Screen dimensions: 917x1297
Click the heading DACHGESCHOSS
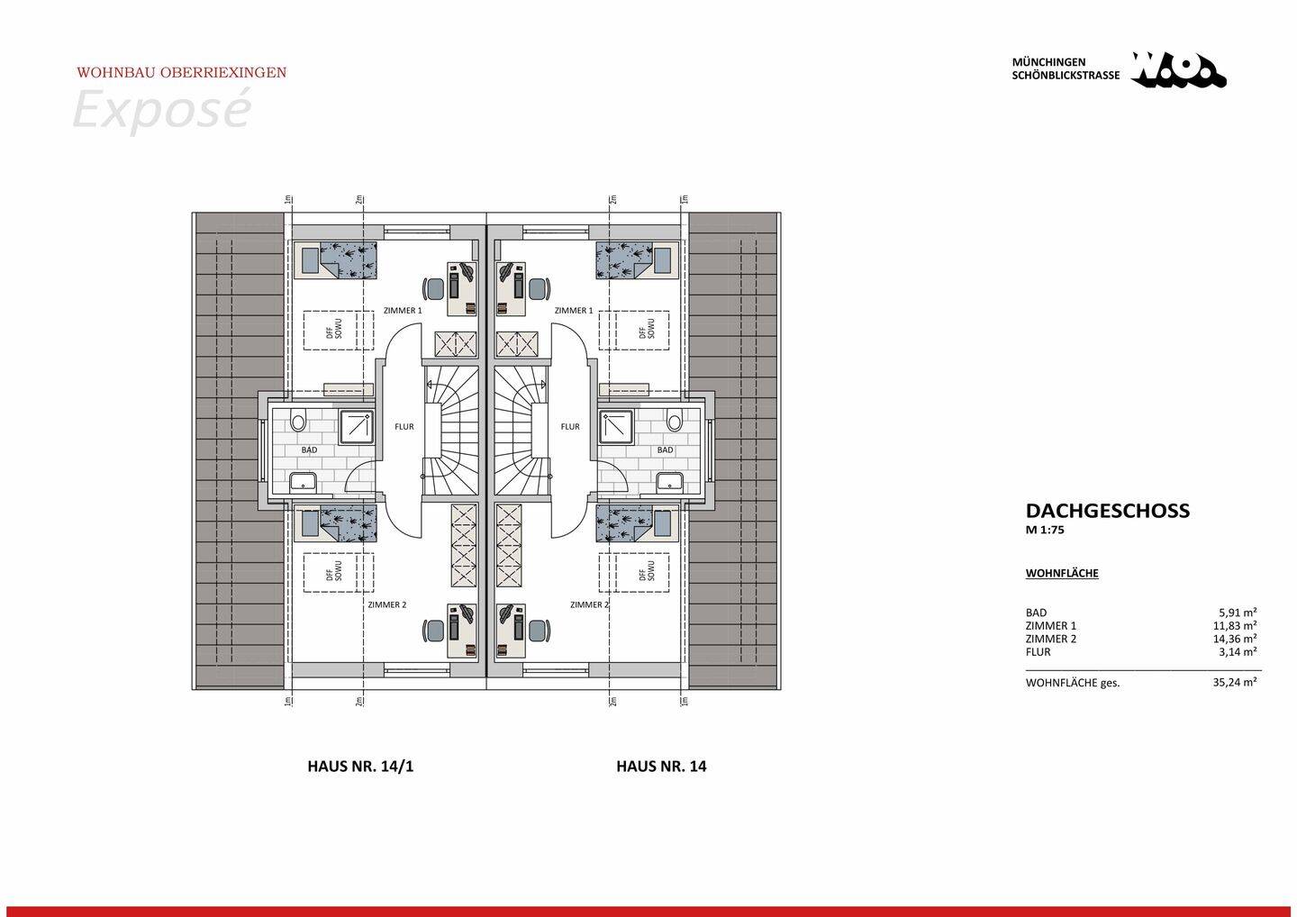click(1107, 511)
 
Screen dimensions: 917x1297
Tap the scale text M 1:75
click(1045, 531)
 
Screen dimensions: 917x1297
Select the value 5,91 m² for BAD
click(1238, 613)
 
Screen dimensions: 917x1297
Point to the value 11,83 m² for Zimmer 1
click(1235, 626)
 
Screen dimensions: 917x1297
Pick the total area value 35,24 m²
click(1235, 683)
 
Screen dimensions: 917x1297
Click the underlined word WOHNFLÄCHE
click(1062, 573)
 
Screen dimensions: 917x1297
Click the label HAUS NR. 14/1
click(360, 767)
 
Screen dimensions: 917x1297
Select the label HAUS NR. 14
click(661, 767)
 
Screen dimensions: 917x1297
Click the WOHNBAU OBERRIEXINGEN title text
click(181, 72)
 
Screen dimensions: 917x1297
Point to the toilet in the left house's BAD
click(299, 421)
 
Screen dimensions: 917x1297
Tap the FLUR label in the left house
click(404, 426)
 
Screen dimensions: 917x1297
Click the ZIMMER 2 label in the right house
click(589, 604)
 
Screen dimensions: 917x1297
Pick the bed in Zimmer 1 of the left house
click(336, 260)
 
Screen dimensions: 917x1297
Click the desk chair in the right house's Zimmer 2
click(539, 631)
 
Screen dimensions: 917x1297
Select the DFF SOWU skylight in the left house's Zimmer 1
click(338, 331)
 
